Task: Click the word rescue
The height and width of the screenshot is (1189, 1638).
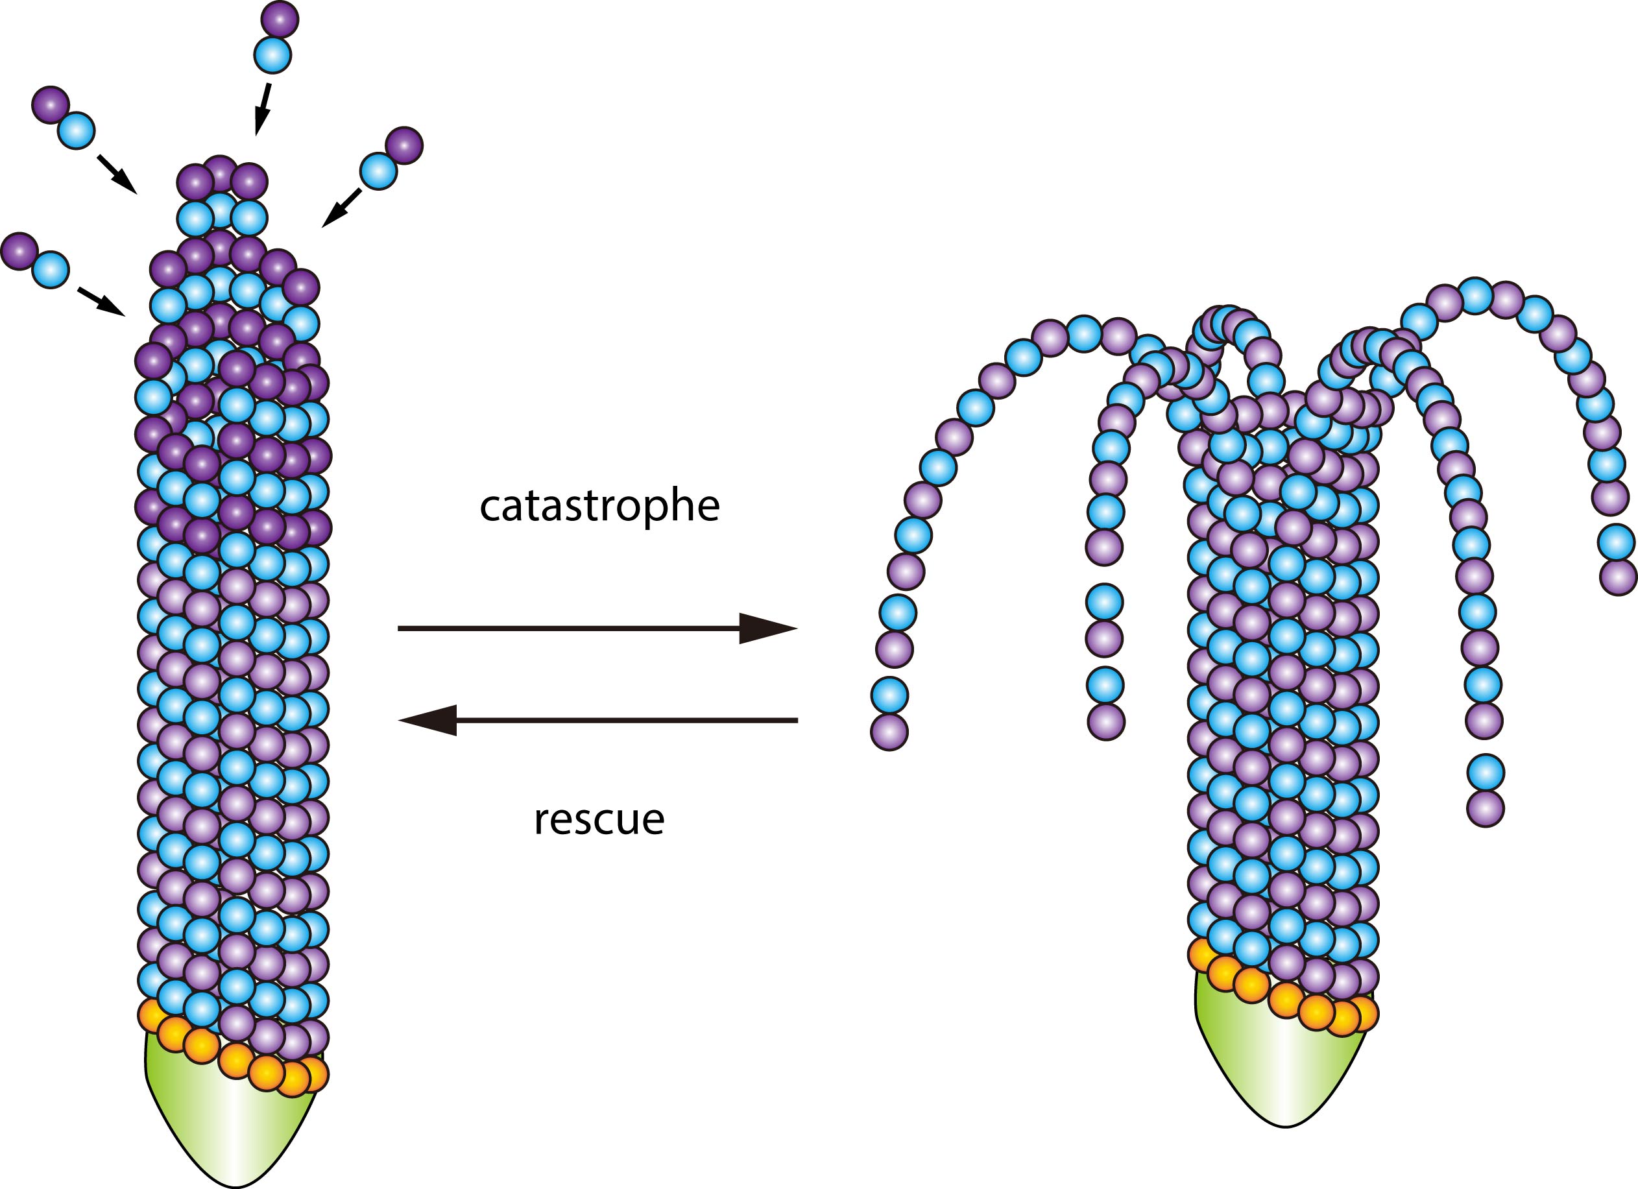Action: pos(599,820)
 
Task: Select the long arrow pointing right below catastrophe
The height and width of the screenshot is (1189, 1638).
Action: pos(597,628)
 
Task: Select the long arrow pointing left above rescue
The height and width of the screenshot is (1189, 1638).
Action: pos(598,719)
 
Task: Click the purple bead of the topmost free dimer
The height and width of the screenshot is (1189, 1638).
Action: pos(280,19)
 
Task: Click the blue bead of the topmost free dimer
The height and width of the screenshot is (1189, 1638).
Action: pos(272,56)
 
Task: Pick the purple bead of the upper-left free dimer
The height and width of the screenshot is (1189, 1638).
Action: pos(51,104)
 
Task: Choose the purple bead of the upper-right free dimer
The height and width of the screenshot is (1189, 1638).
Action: pos(403,146)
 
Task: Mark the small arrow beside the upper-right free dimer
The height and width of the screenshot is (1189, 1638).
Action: pos(341,209)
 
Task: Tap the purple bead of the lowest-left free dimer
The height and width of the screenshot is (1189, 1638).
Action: pos(19,250)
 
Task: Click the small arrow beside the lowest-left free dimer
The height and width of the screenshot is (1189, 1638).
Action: pos(101,301)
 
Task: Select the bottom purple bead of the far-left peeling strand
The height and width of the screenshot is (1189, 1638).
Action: pos(889,732)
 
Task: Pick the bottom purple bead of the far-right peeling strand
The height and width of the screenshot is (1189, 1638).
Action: pos(1618,577)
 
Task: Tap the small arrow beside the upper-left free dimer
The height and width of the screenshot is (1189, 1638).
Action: pos(116,174)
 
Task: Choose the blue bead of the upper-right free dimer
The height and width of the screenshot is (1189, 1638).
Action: pos(378,171)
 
